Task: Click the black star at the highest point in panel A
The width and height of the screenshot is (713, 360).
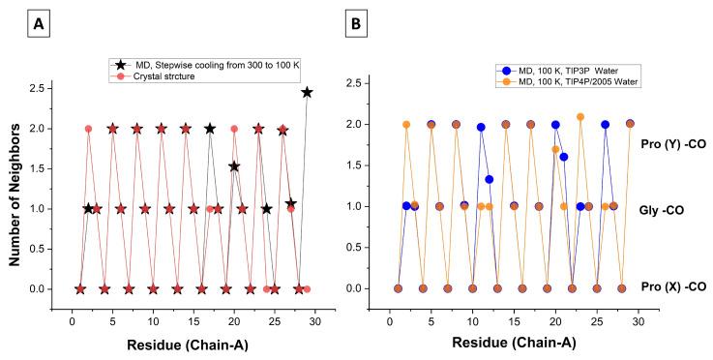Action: point(307,92)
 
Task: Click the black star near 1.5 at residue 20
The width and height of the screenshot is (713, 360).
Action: point(234,166)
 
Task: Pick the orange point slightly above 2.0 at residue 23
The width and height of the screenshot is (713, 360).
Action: point(580,117)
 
